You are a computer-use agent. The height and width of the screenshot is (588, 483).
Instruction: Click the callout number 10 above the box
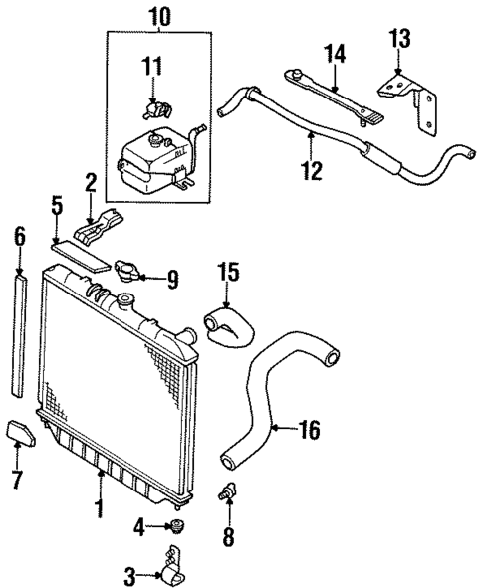click(158, 17)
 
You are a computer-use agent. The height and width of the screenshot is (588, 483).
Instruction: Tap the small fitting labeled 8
click(229, 491)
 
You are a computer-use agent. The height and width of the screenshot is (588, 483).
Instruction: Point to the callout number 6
click(19, 237)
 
